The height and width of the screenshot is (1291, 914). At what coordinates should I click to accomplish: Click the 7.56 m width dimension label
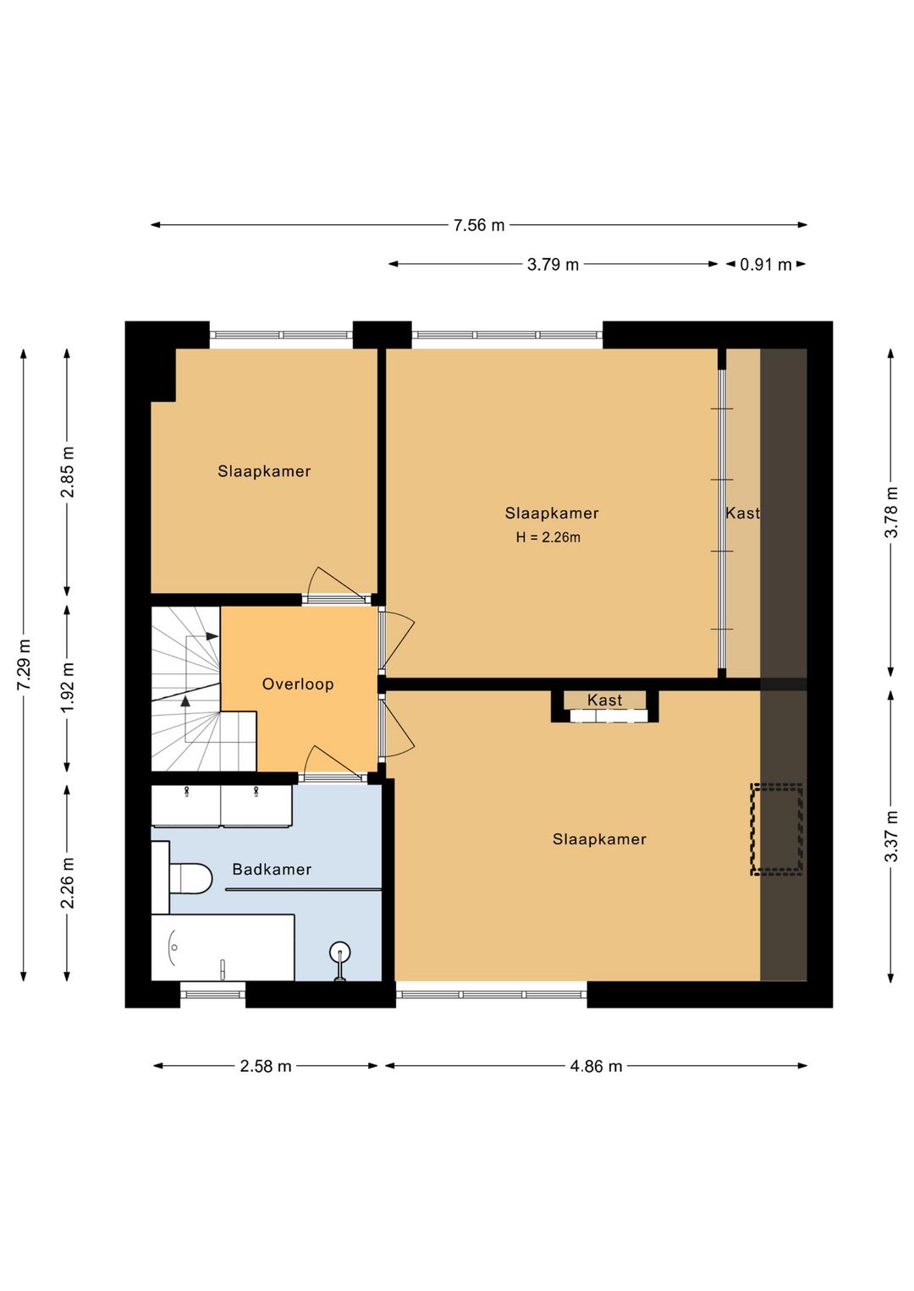point(479,225)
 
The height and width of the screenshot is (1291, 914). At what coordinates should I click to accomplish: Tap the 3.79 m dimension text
point(553,265)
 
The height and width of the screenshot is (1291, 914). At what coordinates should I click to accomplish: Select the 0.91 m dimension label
point(765,265)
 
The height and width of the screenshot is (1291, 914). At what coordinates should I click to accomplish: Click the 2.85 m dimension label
point(68,472)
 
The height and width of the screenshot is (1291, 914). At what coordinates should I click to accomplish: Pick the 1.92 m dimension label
point(68,688)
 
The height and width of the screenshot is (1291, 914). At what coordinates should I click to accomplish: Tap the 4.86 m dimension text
point(597,1066)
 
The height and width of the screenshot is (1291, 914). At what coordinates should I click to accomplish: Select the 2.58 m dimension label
point(266,1066)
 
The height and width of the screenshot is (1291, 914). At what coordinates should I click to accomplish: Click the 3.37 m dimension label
point(891,836)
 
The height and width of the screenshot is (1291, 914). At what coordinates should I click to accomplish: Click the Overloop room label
point(298,684)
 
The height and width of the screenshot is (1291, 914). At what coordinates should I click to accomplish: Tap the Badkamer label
point(272,869)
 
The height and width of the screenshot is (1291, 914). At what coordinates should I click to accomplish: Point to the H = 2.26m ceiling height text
point(548,538)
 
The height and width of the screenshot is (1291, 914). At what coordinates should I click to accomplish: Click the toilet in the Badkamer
point(190,878)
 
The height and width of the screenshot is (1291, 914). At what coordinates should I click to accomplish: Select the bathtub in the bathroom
point(223,947)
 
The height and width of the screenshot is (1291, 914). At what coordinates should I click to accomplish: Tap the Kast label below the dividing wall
point(604,700)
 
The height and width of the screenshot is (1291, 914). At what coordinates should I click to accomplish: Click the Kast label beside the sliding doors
point(742,513)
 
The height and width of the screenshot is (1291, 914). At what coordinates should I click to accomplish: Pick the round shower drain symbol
point(339,952)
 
